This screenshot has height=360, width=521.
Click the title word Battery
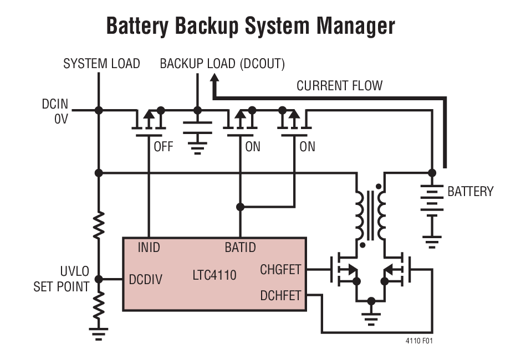tap(139, 26)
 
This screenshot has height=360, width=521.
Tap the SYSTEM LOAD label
tap(101, 64)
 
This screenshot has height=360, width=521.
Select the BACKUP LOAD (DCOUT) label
tap(222, 64)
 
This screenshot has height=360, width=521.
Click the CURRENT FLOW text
tap(339, 86)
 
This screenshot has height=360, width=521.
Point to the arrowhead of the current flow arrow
tap(214, 79)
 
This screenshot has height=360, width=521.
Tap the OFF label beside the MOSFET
tap(163, 147)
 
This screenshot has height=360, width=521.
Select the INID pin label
tap(149, 247)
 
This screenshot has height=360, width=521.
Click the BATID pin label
tap(240, 247)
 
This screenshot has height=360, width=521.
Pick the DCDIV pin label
tap(146, 279)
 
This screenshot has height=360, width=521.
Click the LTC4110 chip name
tap(214, 275)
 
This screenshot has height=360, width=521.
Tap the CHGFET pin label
tap(280, 270)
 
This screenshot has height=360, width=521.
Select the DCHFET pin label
tap(280, 296)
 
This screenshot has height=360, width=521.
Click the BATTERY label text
tap(470, 192)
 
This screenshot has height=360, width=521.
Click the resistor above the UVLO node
tap(99, 224)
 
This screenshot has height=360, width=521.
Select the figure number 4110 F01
tap(419, 341)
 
